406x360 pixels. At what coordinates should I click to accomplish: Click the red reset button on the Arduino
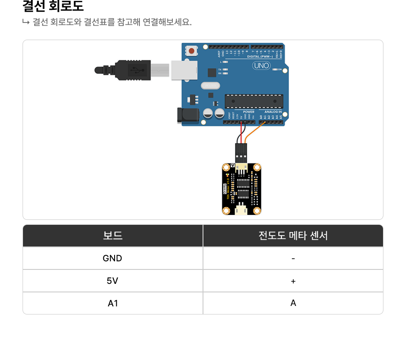(192, 51)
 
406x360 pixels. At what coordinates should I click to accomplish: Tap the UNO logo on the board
(261, 66)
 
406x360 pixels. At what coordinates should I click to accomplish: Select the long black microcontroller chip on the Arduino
(254, 101)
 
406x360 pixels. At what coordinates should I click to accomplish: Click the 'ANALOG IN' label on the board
(273, 112)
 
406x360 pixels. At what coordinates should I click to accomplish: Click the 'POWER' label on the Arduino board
(249, 112)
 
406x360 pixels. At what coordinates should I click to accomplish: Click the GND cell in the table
(112, 258)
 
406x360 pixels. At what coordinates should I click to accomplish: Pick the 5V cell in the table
(112, 281)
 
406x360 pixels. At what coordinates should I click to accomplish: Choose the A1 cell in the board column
(112, 303)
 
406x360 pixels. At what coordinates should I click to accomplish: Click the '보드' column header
(112, 236)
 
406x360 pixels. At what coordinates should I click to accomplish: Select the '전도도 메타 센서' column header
(293, 236)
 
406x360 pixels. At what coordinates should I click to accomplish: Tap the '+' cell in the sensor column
(293, 281)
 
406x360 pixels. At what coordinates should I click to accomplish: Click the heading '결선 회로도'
(53, 7)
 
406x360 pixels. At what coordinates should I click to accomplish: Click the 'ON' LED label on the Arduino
(280, 70)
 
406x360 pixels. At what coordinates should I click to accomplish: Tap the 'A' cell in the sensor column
(293, 303)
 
